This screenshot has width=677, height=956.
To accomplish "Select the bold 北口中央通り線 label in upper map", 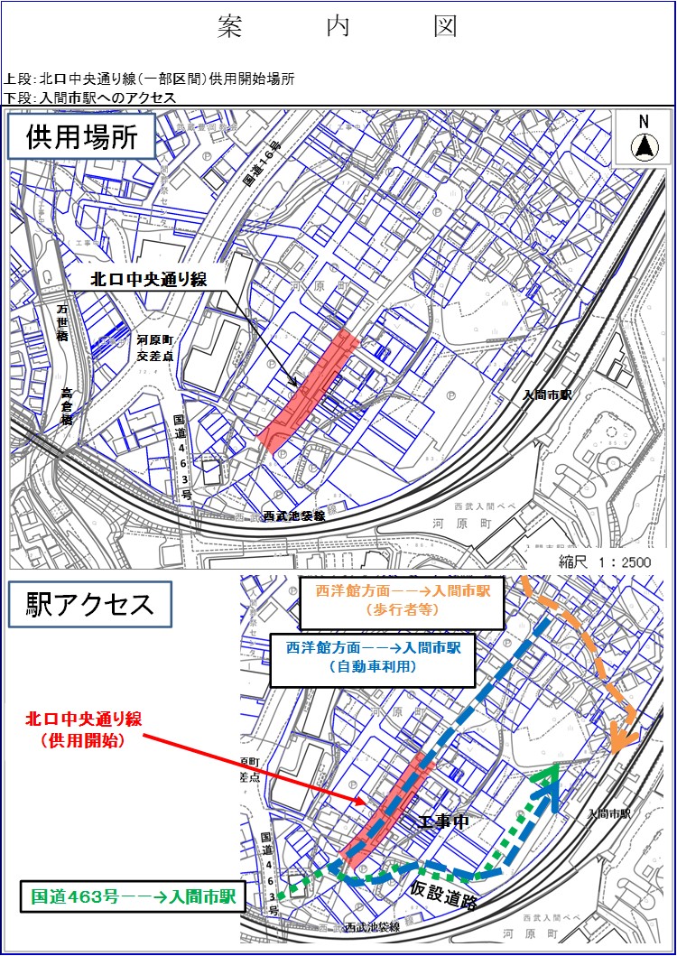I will coord(149,280).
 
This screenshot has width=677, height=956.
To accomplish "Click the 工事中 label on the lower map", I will coord(445,822).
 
